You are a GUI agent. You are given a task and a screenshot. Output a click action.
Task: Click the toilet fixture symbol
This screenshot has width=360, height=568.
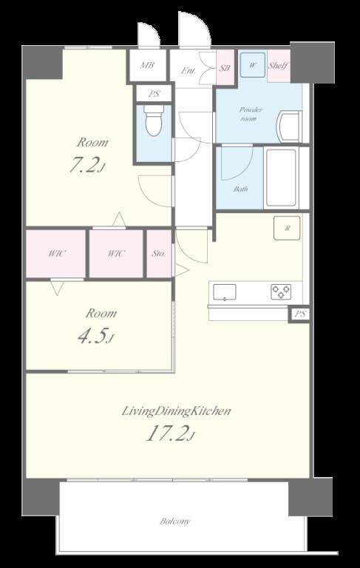pyautogui.click(x=154, y=121)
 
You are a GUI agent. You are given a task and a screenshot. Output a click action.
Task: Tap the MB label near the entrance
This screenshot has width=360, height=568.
pyautogui.click(x=147, y=66)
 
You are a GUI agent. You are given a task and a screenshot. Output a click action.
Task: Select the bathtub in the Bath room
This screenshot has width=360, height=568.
pyautogui.click(x=281, y=177)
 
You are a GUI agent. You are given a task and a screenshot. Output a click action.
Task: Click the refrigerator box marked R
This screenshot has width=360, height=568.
pyautogui.click(x=287, y=229)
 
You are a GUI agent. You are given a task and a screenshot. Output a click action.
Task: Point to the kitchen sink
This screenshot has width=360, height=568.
pyautogui.click(x=225, y=292)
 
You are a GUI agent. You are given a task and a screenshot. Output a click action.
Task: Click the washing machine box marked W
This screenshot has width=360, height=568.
pyautogui.click(x=253, y=65)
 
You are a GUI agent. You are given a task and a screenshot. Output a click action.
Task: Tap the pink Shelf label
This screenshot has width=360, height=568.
pyautogui.click(x=278, y=66)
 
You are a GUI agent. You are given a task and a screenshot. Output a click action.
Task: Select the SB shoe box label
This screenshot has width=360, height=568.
pyautogui.click(x=225, y=68)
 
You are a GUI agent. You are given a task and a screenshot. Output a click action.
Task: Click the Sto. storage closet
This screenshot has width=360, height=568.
pyautogui.click(x=159, y=254)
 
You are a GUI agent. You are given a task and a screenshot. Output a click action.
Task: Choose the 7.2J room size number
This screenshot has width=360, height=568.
pyautogui.click(x=87, y=165)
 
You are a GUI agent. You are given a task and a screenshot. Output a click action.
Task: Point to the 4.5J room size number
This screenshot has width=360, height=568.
pyautogui.click(x=95, y=337)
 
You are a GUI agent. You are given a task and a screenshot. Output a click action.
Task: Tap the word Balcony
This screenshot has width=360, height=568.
pyautogui.click(x=175, y=521)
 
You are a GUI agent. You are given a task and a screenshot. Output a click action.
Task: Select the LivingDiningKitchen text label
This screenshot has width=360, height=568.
pyautogui.click(x=176, y=411)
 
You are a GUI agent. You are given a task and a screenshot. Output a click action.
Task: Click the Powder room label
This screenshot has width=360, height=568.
pyautogui.click(x=251, y=114)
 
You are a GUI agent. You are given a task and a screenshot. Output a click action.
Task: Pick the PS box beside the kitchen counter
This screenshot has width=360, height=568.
pyautogui.click(x=300, y=314)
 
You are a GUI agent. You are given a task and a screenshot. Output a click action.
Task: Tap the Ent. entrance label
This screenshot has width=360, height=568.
pyautogui.click(x=189, y=71)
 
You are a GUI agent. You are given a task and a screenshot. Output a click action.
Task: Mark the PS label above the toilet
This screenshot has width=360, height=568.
pyautogui.click(x=154, y=94)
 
